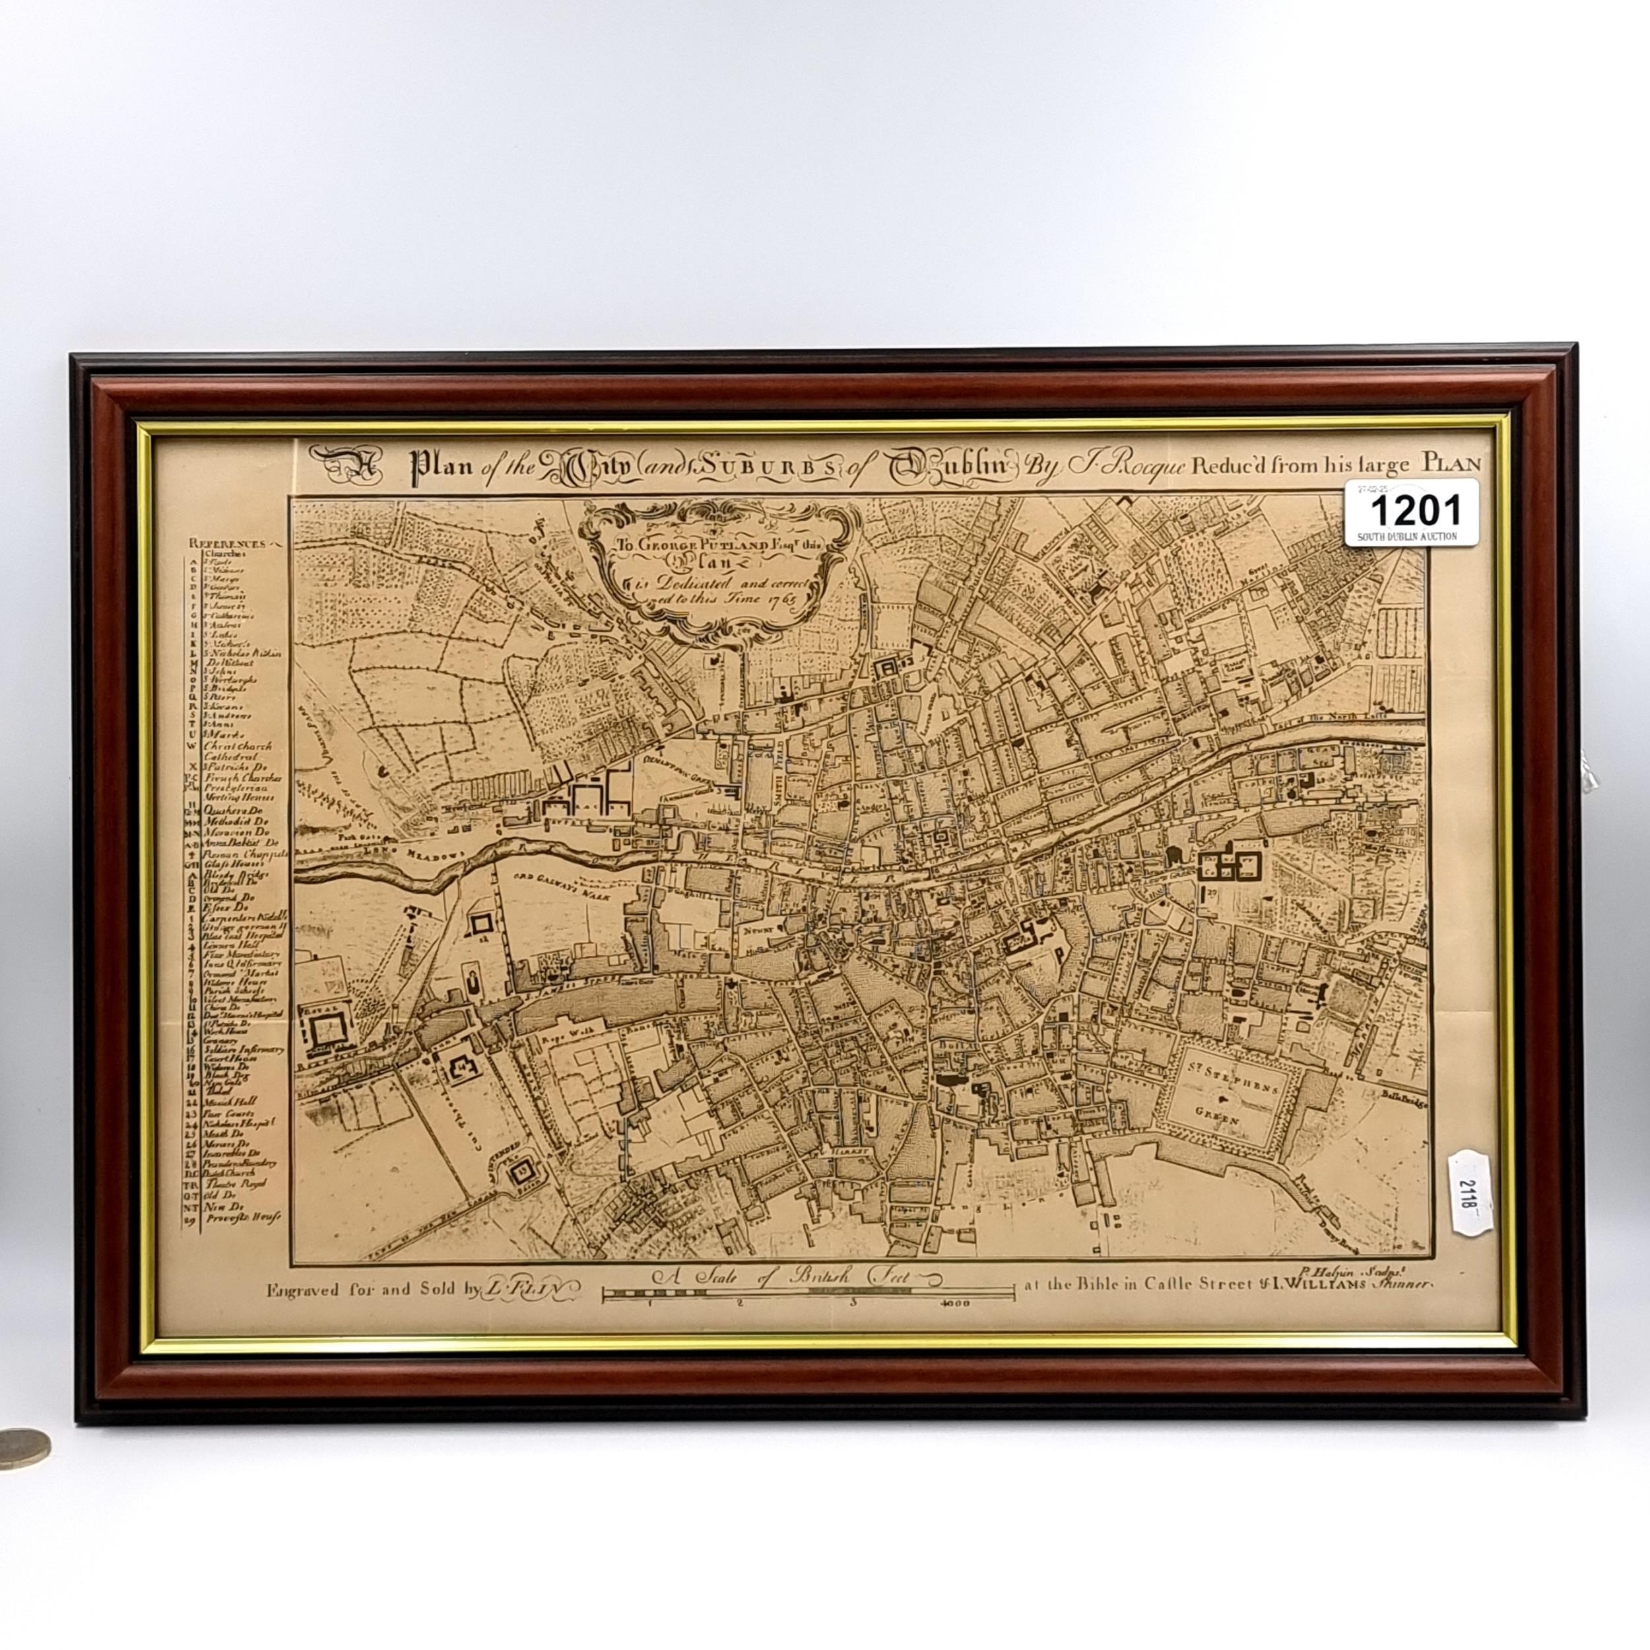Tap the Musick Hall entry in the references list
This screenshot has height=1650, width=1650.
pos(232,1102)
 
